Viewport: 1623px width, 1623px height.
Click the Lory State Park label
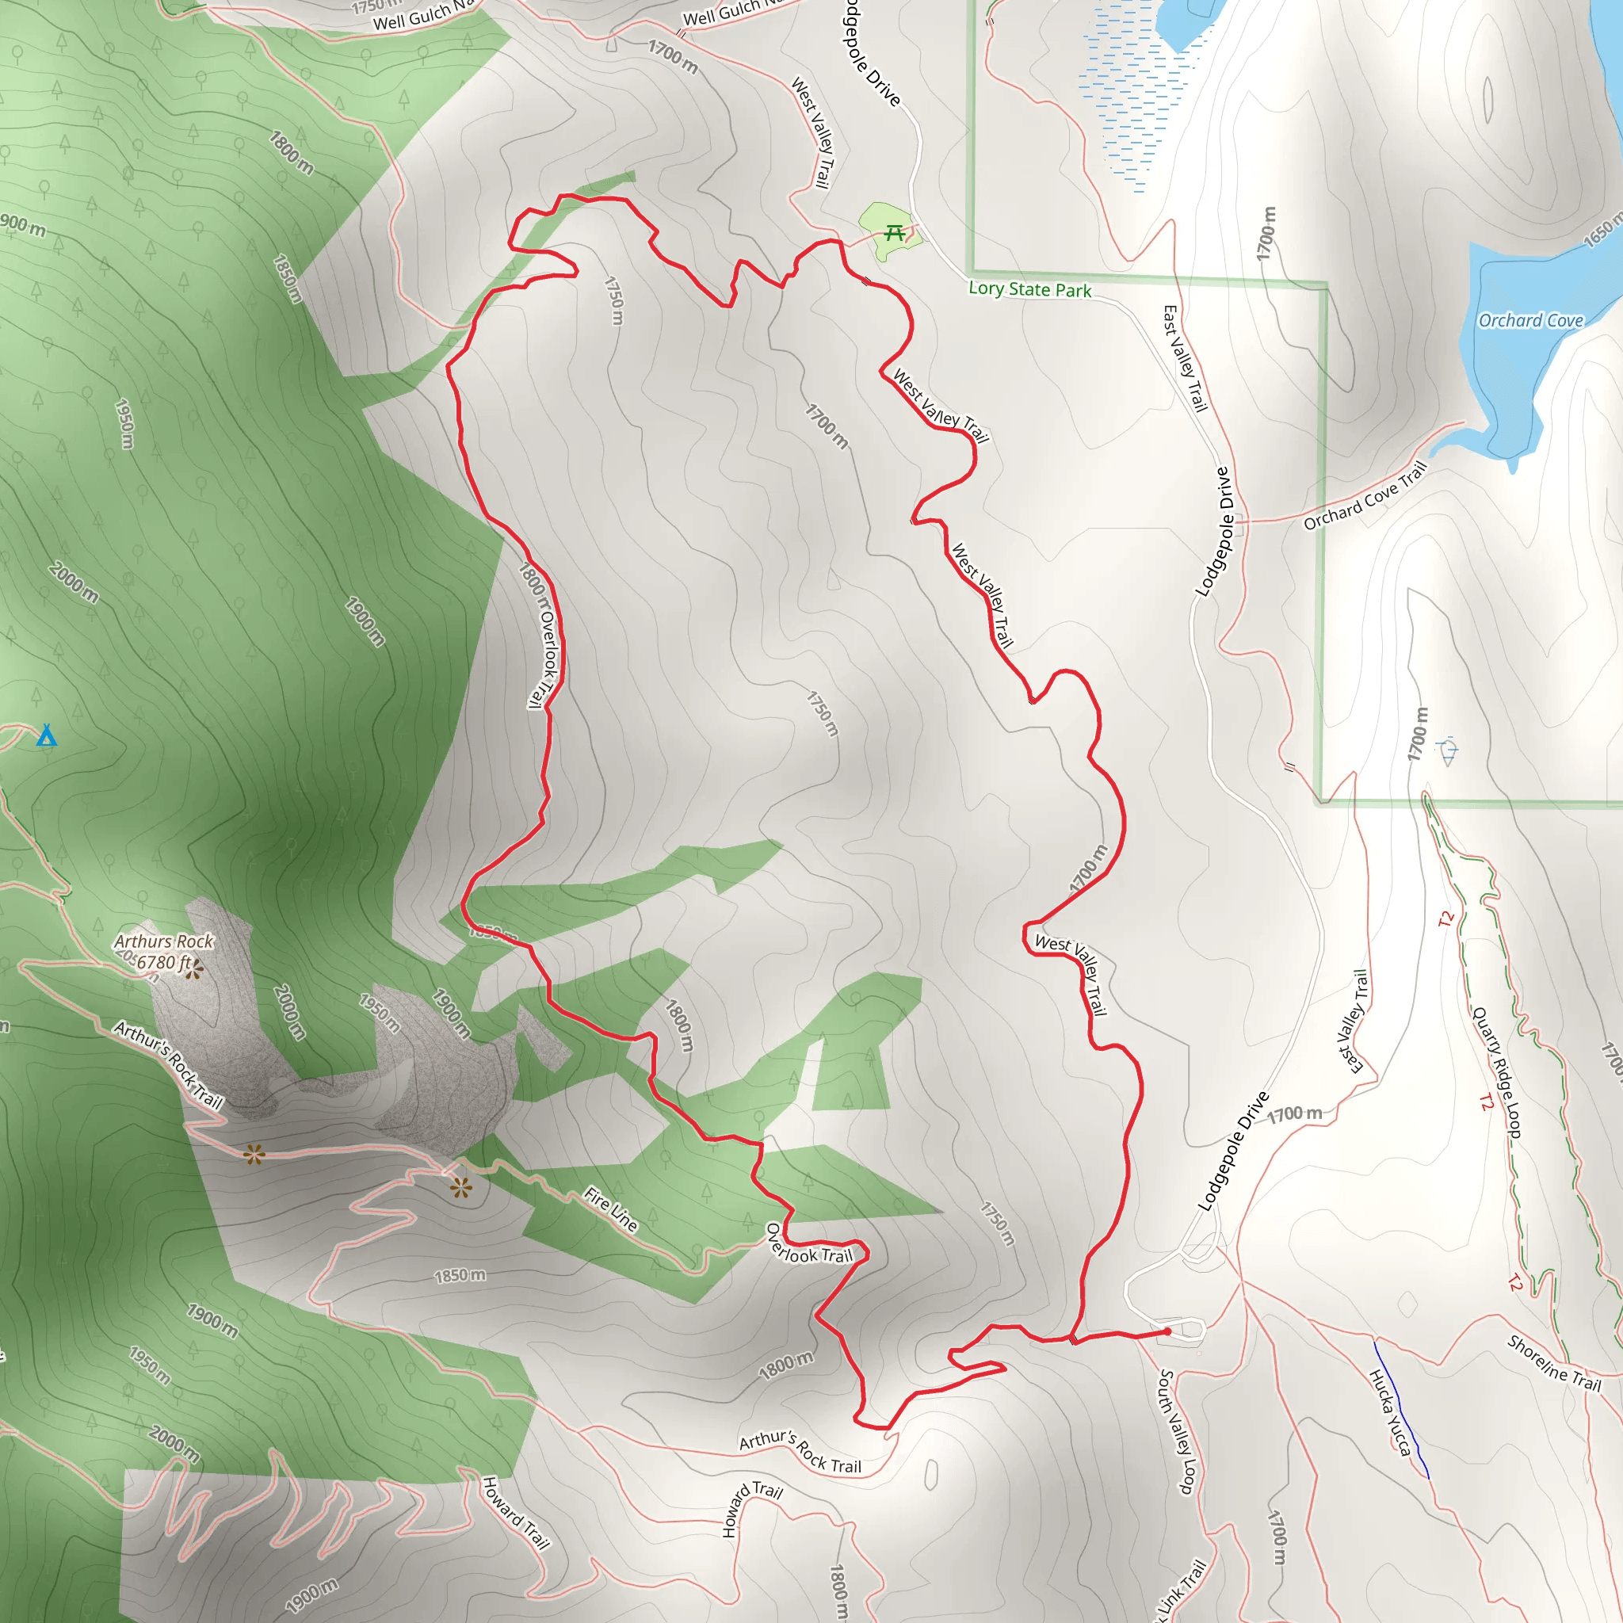coord(1030,290)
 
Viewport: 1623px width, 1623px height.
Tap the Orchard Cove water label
coord(1530,321)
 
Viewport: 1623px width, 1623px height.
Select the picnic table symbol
coord(895,233)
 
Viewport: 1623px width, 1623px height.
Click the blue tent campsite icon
coord(47,737)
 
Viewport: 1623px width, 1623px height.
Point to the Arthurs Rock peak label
coord(164,941)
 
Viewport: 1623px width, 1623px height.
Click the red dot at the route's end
coord(1167,1331)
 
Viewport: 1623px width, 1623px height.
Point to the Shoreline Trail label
coord(1554,1363)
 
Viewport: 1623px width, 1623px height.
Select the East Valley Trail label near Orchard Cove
coord(1185,359)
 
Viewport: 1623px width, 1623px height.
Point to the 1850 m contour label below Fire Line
coord(460,1276)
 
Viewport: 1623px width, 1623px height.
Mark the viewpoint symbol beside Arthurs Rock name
coord(194,971)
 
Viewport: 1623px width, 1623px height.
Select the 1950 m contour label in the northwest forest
coord(124,424)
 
